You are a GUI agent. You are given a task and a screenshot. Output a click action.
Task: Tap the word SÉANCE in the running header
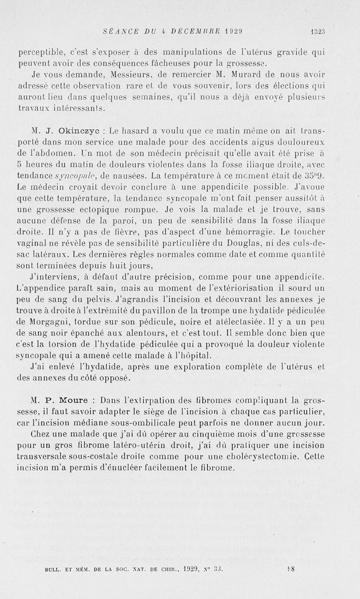click(118, 32)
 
